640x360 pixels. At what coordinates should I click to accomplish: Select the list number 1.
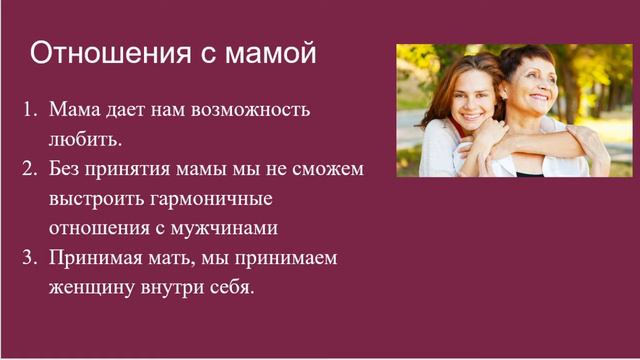[30, 106]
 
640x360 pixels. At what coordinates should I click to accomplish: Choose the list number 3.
[30, 258]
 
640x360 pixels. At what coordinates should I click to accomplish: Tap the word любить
[84, 137]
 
